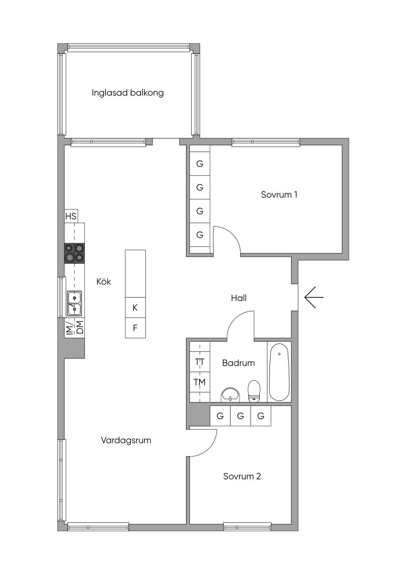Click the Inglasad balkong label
pos(128,93)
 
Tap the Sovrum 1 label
pos(279,195)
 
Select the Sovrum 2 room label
pos(242,476)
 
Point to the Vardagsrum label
pos(126,440)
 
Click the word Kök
pos(103,281)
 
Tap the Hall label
pos(239,298)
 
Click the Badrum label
pos(238,363)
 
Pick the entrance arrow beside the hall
pos(314,297)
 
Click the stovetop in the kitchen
pos(74,253)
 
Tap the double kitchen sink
pos(74,304)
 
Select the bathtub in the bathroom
pos(279,372)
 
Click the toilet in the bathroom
pos(254,391)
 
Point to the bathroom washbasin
pos(230,395)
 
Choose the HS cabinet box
pos(71,216)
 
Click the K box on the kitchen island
pos(135,308)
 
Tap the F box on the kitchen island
pos(135,328)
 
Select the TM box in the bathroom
pos(200,382)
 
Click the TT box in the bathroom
pos(200,362)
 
